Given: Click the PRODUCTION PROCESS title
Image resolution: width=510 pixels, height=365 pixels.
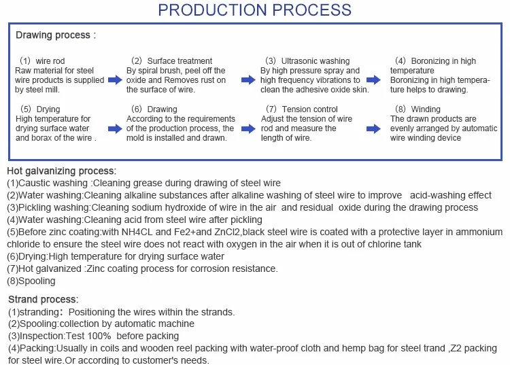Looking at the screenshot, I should pos(254,10).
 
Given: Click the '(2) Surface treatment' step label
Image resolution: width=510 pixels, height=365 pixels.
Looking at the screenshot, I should pos(170,61).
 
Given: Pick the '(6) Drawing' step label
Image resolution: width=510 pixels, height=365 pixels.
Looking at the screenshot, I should pos(154,109).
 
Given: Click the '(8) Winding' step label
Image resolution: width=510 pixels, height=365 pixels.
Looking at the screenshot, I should pos(417,109).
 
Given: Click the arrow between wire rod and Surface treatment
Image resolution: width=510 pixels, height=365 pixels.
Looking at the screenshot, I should pos(115,80).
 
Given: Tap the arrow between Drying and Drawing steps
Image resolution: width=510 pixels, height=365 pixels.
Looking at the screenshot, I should pos(115,128).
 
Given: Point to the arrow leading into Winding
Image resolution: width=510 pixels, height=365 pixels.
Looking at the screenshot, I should pos(373,128).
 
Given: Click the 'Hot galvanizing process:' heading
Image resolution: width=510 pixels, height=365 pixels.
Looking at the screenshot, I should pos(62,171).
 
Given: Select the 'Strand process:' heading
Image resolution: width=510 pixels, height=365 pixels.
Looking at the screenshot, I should pos(43,299).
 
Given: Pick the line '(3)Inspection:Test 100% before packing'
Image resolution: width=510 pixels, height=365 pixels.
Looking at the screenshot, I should pos(93,336).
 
